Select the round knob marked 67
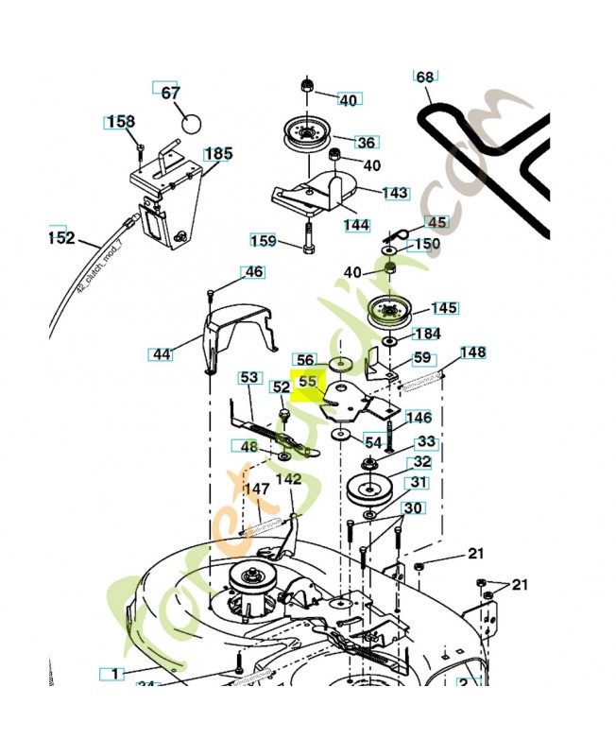[192, 123]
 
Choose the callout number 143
[395, 192]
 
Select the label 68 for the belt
[425, 77]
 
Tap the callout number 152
[60, 238]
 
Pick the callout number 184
[427, 334]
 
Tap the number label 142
[288, 479]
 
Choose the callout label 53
[248, 377]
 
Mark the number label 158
[120, 122]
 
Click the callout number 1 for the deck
[113, 673]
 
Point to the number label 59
[421, 358]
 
